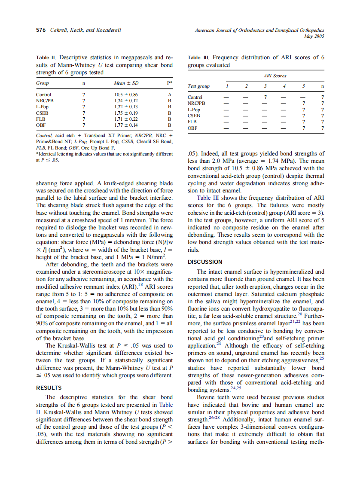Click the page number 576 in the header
pyautogui.click(x=40, y=30)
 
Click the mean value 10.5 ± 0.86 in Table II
pyautogui.click(x=126, y=95)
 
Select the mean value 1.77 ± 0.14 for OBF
pyautogui.click(x=126, y=125)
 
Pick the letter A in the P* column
pyautogui.click(x=170, y=95)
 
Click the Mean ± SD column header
pyautogui.click(x=126, y=82)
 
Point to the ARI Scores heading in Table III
pyautogui.click(x=275, y=76)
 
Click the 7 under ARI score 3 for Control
pyautogui.click(x=265, y=98)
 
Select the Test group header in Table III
pyautogui.click(x=199, y=86)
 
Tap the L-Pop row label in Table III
pyautogui.click(x=194, y=110)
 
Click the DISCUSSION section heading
pyautogui.click(x=205, y=262)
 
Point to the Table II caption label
pyautogui.click(x=46, y=58)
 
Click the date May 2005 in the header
pyautogui.click(x=314, y=36)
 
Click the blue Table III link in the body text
pyautogui.click(x=210, y=198)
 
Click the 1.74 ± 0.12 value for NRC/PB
pyautogui.click(x=126, y=101)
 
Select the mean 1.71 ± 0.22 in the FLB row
pyautogui.click(x=126, y=119)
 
